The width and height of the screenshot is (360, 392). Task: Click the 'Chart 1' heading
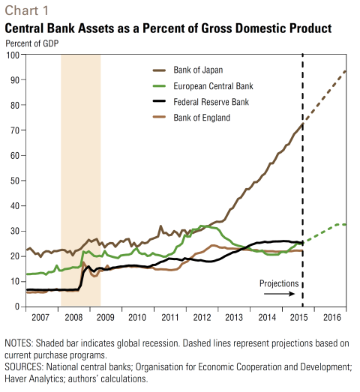(26, 10)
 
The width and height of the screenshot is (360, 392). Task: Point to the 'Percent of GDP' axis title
(32, 43)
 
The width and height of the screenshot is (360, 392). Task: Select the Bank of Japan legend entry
(188, 70)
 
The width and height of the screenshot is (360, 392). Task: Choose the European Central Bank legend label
(213, 86)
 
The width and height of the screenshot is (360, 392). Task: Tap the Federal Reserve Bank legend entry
(201, 102)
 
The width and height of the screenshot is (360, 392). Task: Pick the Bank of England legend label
(202, 118)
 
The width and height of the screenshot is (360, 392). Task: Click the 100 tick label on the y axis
(13, 55)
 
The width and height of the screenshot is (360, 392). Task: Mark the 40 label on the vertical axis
(15, 206)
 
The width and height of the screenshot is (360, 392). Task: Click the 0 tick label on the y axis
(17, 307)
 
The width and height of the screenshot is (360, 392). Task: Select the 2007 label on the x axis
(40, 318)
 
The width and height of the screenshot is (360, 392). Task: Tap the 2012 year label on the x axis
(202, 318)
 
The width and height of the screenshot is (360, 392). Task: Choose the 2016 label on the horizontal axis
(332, 318)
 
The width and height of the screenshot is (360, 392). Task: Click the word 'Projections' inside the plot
(279, 283)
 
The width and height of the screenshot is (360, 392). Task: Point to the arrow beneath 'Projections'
(280, 294)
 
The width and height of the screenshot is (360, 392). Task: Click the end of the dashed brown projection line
(346, 71)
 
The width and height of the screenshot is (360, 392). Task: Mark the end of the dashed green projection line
(346, 225)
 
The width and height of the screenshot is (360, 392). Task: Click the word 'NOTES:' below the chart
(19, 343)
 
